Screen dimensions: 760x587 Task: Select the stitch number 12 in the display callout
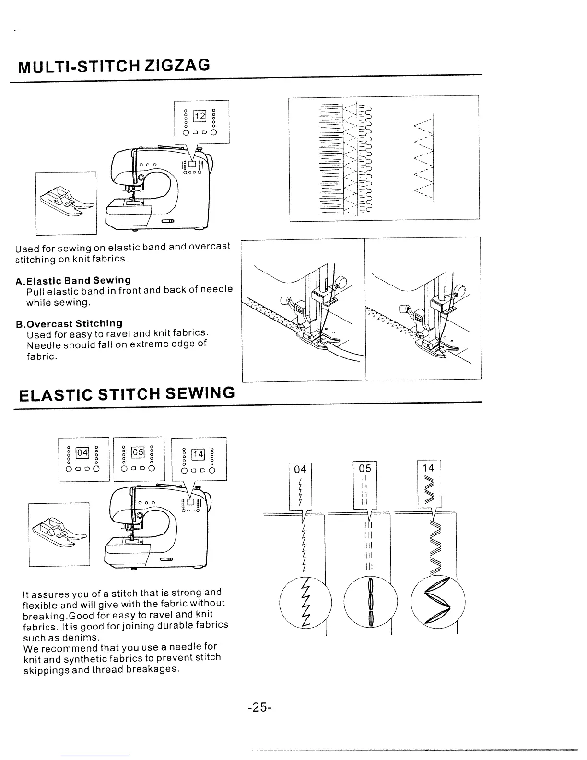tap(199, 116)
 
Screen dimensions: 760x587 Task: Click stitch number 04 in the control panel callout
tap(82, 452)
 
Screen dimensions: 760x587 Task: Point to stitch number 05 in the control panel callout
tap(138, 452)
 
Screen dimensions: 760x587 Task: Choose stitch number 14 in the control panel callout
tap(198, 454)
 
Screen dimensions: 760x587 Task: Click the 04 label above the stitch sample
tap(300, 468)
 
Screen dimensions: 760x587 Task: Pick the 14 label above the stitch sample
tap(429, 467)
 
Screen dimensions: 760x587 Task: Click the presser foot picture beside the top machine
tap(66, 203)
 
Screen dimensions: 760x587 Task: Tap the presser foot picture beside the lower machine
tap(59, 534)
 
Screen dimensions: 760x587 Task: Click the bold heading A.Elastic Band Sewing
tap(73, 280)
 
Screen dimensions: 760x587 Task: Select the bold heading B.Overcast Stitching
tap(69, 323)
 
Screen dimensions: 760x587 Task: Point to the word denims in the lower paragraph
tap(86, 637)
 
